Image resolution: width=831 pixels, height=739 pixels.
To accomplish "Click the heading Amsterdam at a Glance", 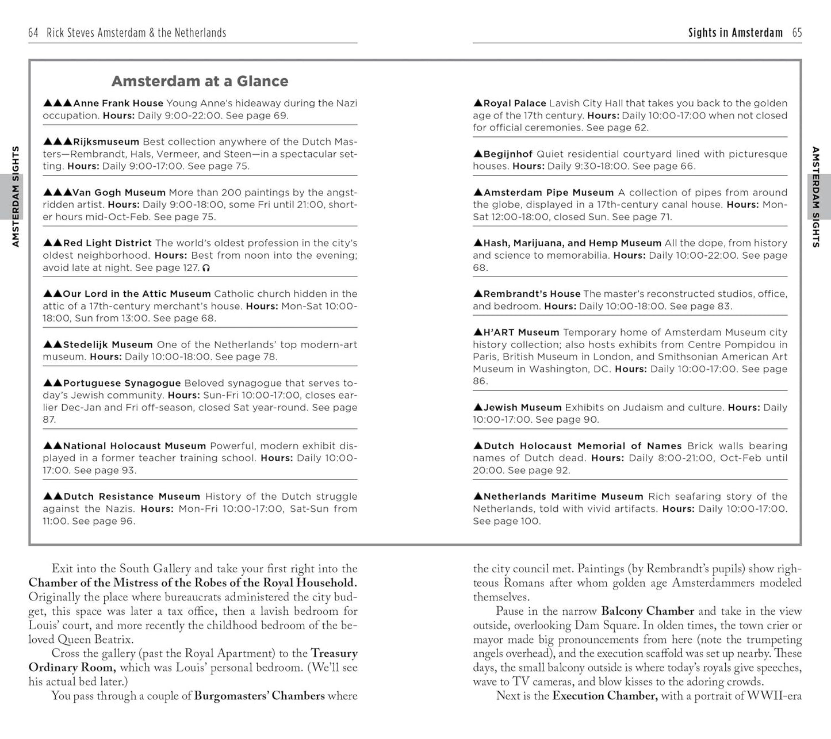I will pos(200,81).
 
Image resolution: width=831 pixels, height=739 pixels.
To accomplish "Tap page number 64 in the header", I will pos(33,33).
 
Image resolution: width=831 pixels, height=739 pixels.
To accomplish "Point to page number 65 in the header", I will pos(796,33).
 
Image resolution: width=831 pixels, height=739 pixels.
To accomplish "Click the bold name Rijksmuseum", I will pos(106,142).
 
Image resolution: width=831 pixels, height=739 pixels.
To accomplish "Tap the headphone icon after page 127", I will pos(206,268).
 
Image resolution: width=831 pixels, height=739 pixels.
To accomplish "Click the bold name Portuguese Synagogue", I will pos(121,383).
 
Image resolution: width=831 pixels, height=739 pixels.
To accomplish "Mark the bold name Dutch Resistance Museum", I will pos(132,497).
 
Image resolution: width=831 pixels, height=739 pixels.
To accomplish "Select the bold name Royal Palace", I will pos(514,104).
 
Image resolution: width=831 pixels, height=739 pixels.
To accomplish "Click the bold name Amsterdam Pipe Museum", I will pos(548,193).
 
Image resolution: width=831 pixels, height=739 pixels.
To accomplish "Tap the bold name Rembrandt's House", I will pos(531,294).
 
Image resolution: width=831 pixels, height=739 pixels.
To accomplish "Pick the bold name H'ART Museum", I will pos(520,332).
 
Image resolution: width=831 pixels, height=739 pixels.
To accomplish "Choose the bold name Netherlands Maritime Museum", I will pos(563,497).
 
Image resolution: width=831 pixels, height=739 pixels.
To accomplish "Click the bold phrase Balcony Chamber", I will pos(648,611).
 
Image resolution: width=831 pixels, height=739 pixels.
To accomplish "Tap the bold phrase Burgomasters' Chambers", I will pos(259,696).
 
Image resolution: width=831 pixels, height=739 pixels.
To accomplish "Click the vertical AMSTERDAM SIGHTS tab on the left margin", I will pos(16,197).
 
